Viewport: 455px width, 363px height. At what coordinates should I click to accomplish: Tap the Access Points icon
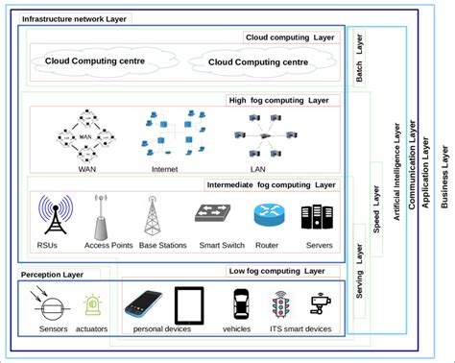[x=101, y=219]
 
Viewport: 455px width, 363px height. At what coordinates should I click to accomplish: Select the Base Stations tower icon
[x=150, y=216]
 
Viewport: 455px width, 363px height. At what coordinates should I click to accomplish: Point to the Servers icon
[x=317, y=219]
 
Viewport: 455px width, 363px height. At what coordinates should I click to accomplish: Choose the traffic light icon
[x=280, y=305]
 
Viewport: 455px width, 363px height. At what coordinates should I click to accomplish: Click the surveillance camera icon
[x=321, y=305]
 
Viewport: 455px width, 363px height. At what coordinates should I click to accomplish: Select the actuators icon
[x=93, y=306]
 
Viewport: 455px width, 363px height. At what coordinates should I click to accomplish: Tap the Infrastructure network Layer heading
[x=74, y=19]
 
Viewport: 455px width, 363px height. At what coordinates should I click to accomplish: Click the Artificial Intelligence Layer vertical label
[x=397, y=173]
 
